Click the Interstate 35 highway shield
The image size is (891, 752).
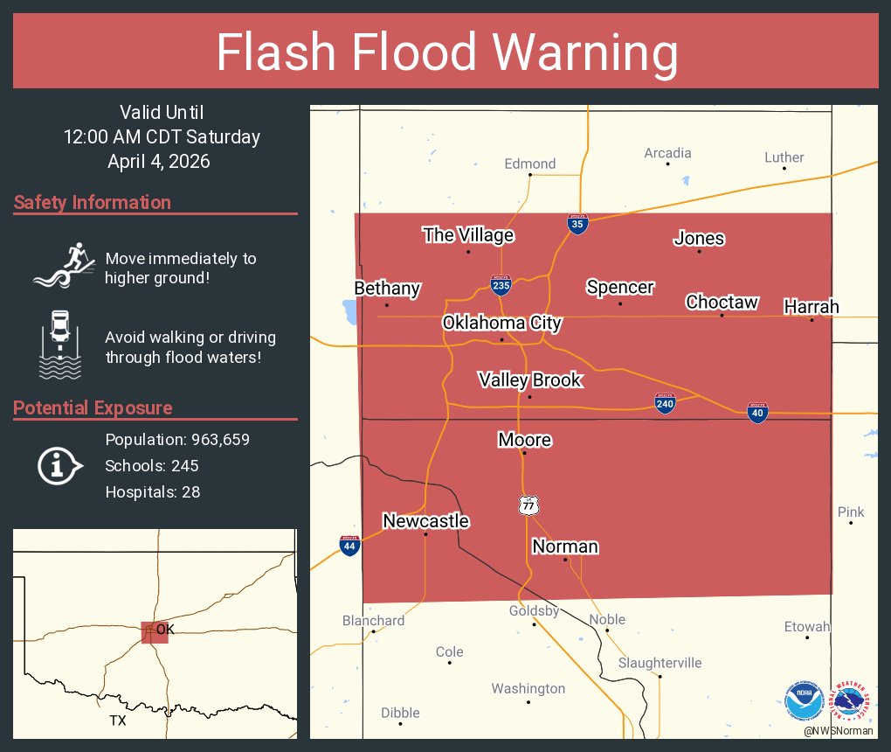577,224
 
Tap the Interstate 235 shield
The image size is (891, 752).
501,285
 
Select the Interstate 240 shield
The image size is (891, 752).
666,403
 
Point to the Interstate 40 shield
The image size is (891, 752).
757,414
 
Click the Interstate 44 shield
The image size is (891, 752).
349,546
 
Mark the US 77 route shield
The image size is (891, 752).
527,505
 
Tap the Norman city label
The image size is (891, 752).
565,547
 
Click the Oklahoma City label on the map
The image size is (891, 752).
501,323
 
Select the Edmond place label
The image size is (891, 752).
530,164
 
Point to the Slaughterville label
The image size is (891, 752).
660,663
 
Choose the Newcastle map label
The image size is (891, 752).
426,521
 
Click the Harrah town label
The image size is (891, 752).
811,306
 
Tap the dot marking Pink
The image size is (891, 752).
851,523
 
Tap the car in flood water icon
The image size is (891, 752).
60,344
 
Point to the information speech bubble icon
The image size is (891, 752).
59,466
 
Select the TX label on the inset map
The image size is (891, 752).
118,721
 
